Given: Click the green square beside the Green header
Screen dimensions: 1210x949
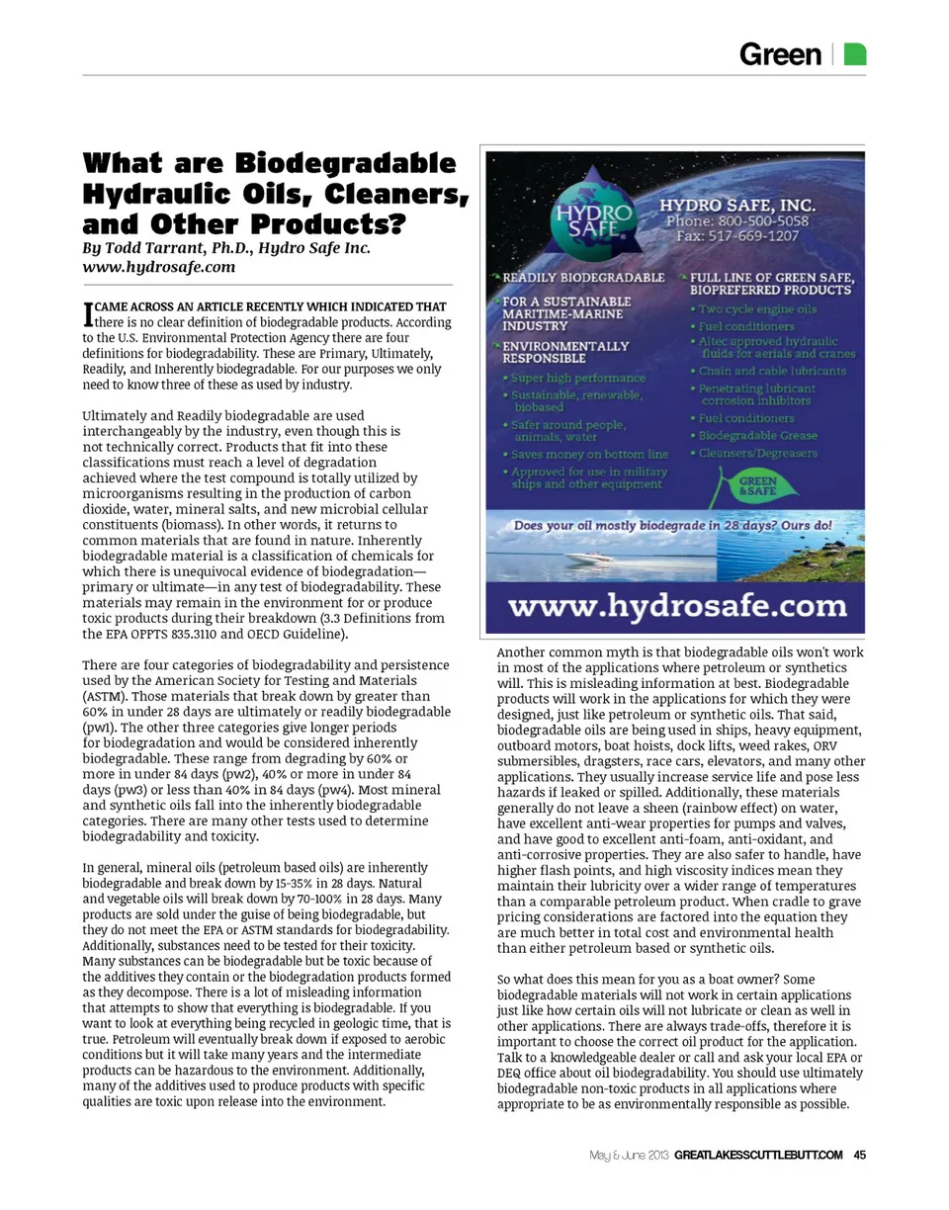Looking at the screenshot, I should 857,53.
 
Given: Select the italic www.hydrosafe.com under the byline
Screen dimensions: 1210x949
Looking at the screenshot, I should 158,266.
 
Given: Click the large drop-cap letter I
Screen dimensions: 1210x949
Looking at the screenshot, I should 88,314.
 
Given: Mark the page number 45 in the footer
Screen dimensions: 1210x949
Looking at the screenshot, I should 860,1154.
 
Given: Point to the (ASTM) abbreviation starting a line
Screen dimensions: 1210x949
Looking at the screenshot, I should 104,696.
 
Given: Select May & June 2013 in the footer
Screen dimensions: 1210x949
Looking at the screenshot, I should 630,1154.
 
